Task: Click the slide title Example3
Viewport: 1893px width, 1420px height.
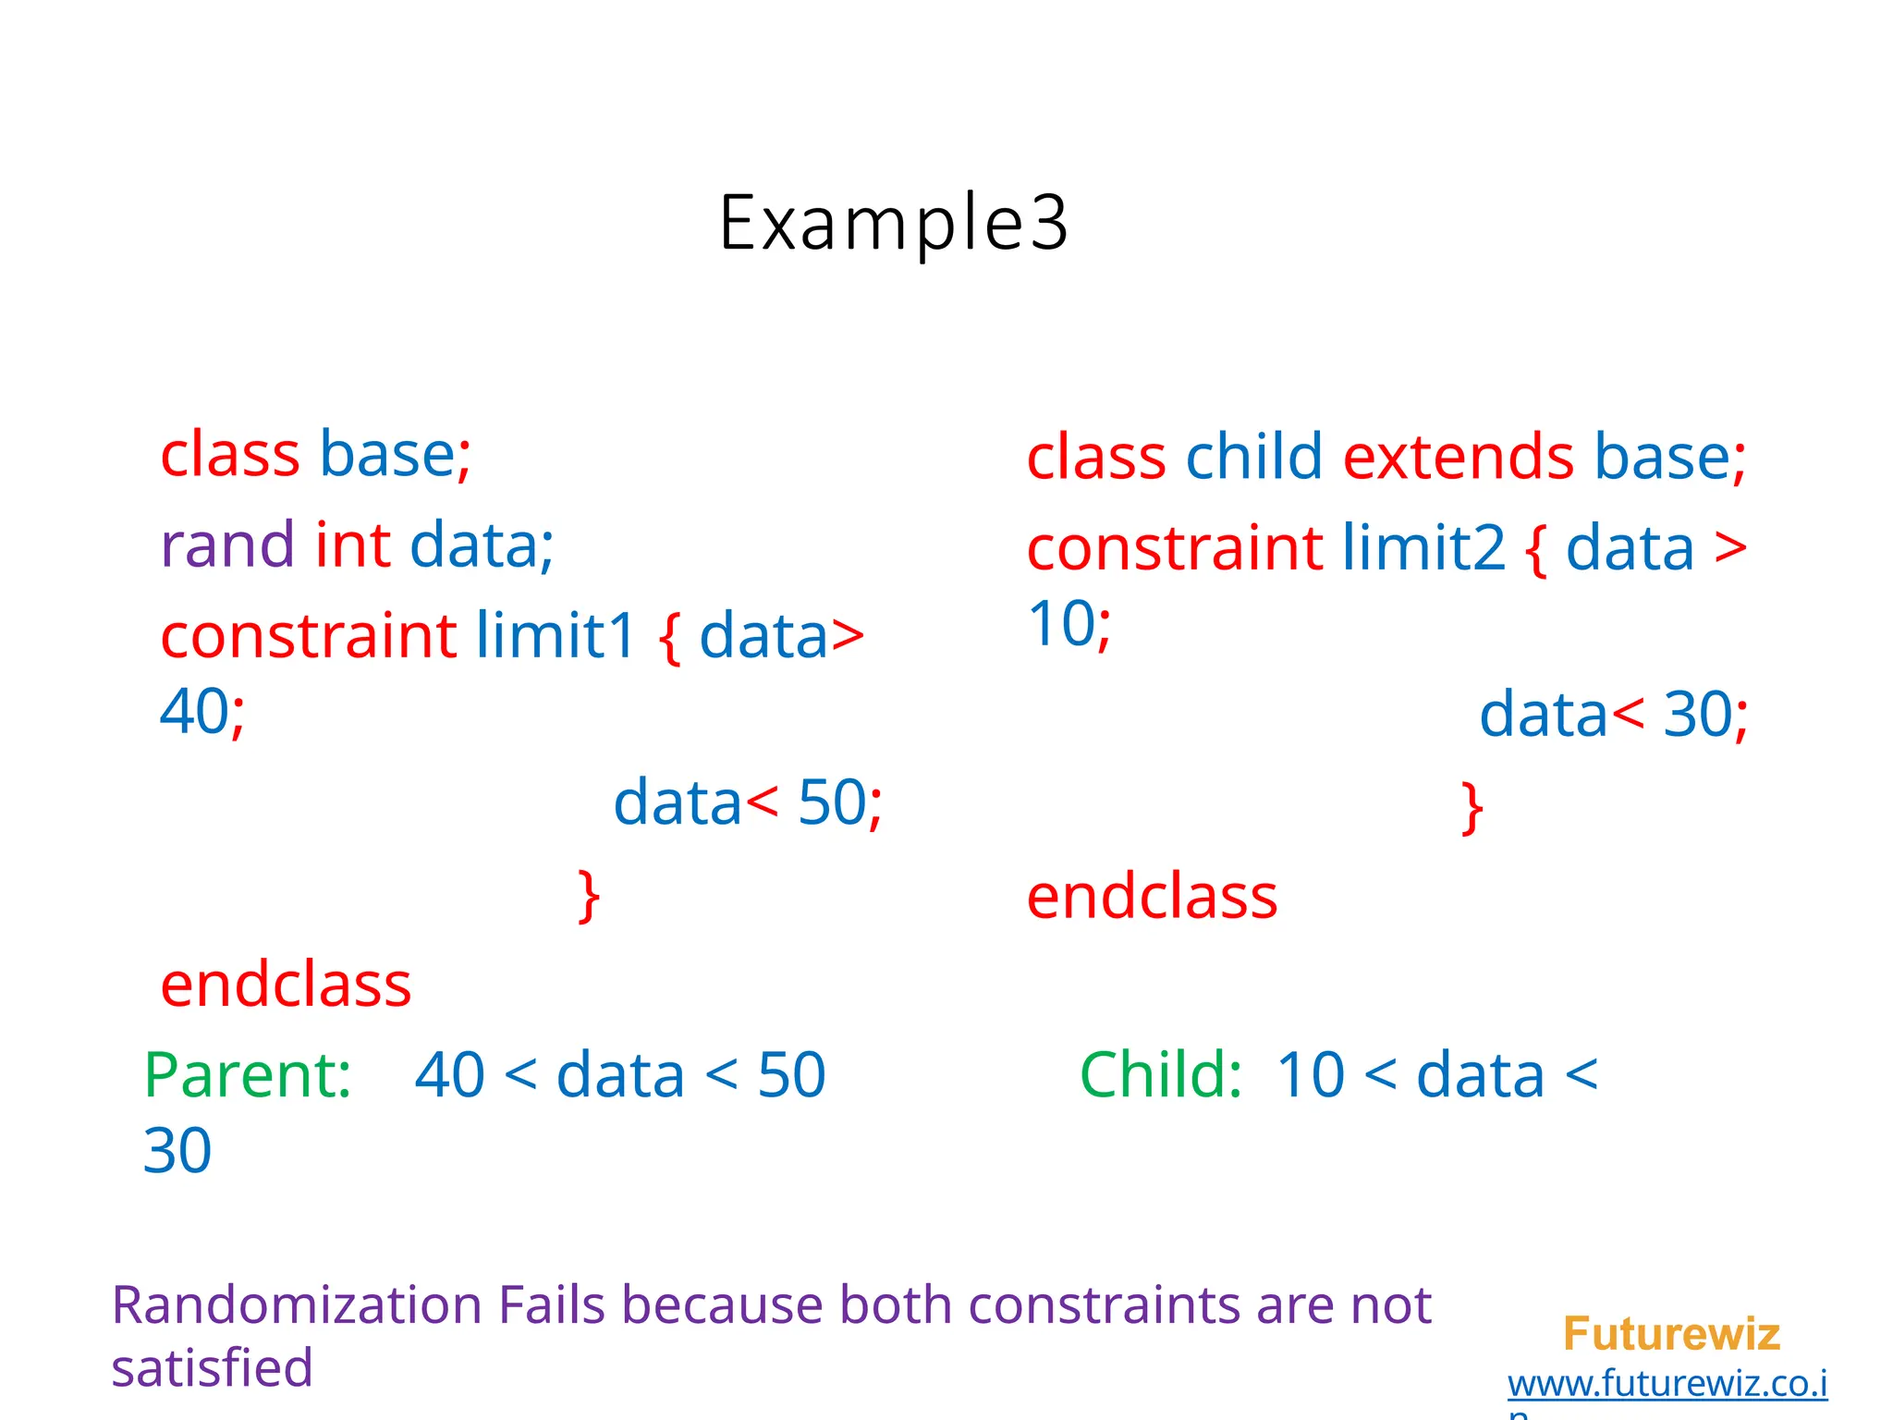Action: click(x=893, y=223)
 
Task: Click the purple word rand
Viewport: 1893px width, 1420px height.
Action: click(x=227, y=545)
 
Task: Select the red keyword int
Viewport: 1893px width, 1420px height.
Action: click(x=352, y=545)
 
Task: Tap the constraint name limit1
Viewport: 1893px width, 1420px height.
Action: click(x=556, y=636)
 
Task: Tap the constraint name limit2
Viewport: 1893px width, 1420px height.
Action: click(x=1423, y=548)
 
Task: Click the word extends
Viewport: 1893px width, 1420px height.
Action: click(x=1458, y=458)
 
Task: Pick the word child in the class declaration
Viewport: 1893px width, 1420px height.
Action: click(x=1253, y=458)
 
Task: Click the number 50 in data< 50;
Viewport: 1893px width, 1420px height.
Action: click(x=831, y=802)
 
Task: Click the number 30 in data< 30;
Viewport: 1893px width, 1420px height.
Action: click(x=1697, y=715)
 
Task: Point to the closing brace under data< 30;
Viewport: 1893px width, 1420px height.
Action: click(x=1472, y=808)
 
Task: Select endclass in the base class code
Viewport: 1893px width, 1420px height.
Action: click(x=286, y=985)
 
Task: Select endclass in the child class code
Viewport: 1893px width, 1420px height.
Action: click(x=1152, y=897)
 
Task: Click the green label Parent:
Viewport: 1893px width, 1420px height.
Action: click(x=248, y=1075)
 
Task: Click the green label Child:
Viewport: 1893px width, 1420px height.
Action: click(x=1161, y=1075)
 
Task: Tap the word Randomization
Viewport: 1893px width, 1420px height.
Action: click(x=296, y=1305)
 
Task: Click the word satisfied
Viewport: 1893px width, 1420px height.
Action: click(x=212, y=1368)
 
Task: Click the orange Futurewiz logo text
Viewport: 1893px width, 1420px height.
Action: click(x=1671, y=1334)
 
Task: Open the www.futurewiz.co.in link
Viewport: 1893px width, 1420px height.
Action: click(x=1667, y=1384)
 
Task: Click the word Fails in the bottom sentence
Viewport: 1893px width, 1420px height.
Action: click(x=551, y=1305)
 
